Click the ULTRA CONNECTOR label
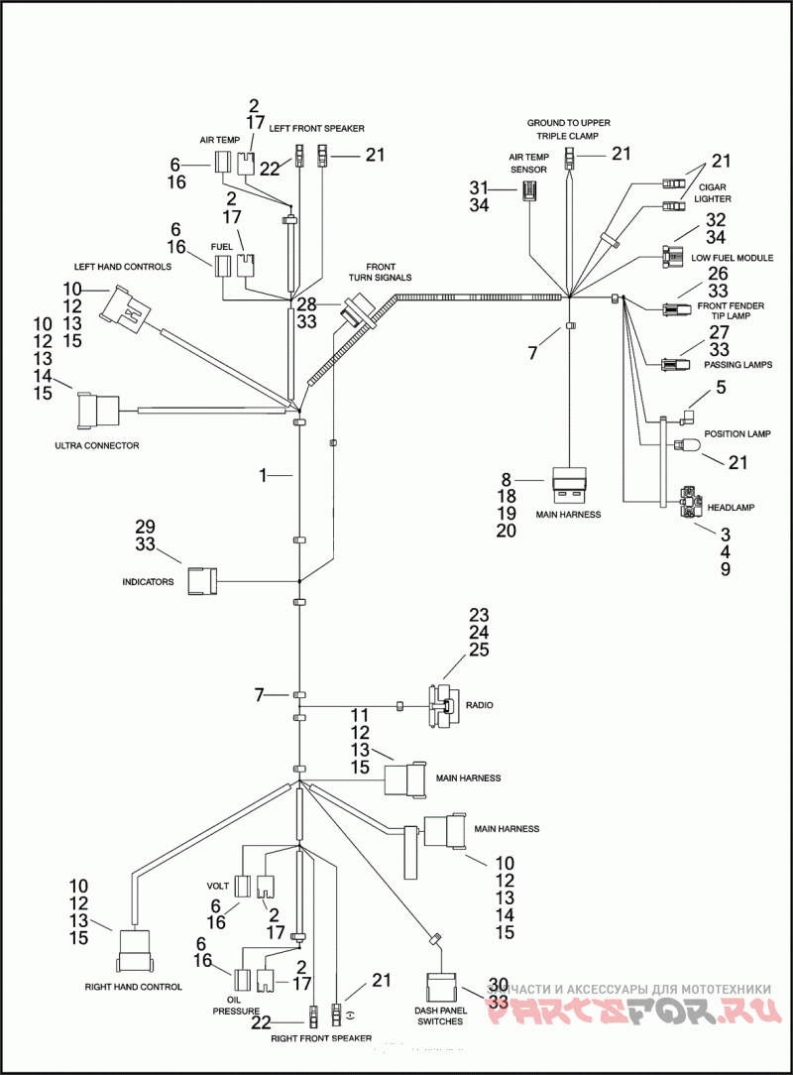[x=96, y=445]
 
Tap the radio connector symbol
[x=444, y=705]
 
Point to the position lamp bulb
[x=687, y=445]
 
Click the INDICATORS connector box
[x=202, y=581]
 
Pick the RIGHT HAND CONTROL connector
[x=134, y=950]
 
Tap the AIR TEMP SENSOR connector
[x=529, y=190]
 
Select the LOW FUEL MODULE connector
[x=672, y=258]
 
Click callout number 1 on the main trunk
[x=263, y=475]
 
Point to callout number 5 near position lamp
[x=721, y=388]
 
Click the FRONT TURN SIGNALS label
[x=380, y=272]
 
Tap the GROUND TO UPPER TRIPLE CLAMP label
[x=568, y=130]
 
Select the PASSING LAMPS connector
[x=675, y=364]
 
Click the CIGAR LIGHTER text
[x=713, y=192]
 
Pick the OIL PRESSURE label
[x=236, y=1006]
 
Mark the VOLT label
[x=218, y=886]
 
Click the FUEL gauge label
[x=221, y=246]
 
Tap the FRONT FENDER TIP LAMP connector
[x=675, y=309]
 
